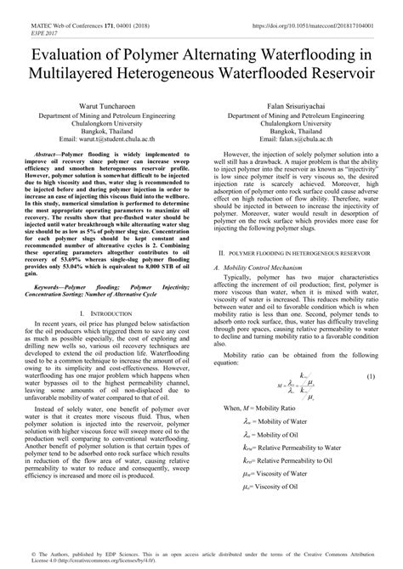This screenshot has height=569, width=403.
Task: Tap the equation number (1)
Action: (370, 352)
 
